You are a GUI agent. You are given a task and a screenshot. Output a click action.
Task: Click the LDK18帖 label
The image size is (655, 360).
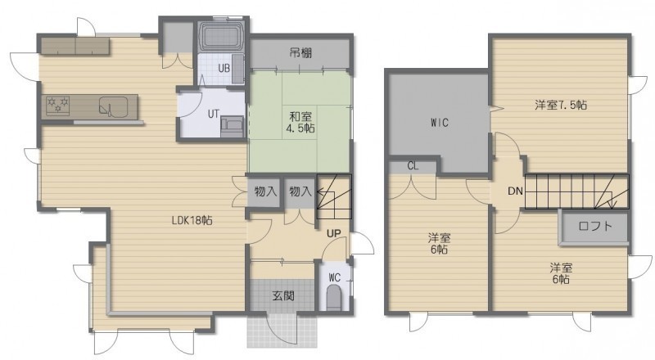coord(192,221)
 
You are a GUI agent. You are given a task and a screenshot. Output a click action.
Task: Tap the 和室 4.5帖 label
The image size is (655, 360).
coord(300,122)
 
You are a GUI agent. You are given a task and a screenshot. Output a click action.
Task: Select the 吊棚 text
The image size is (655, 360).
coord(300,53)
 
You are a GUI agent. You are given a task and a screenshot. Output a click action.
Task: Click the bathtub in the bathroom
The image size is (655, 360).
coord(221,36)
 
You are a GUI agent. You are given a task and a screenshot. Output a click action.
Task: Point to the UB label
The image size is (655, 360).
coord(224,68)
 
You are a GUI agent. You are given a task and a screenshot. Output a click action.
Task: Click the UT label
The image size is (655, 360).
coord(214,114)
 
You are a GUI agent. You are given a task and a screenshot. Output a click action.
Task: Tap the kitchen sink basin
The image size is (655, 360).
coord(113,106)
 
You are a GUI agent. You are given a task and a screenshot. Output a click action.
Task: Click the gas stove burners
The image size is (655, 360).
coord(57,105)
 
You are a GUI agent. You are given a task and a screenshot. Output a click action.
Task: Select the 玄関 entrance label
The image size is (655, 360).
coord(283,296)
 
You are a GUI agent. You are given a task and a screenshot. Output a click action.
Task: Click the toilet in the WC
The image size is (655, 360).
coord(334,297)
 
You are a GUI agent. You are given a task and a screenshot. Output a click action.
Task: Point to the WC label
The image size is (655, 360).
coord(335,277)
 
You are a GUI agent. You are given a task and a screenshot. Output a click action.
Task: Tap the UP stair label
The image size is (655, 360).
coord(334,233)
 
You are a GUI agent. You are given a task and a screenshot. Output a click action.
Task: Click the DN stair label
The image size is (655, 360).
coord(516,191)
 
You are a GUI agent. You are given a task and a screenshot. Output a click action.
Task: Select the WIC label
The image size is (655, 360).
coord(440,123)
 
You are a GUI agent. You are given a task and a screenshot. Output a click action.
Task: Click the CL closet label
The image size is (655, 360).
coord(413,166)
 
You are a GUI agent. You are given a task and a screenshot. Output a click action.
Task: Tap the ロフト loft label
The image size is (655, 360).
coord(596,227)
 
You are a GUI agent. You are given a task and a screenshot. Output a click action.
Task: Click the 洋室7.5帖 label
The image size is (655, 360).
coord(561,105)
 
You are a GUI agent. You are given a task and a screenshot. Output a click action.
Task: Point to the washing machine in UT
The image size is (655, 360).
coord(233,127)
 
